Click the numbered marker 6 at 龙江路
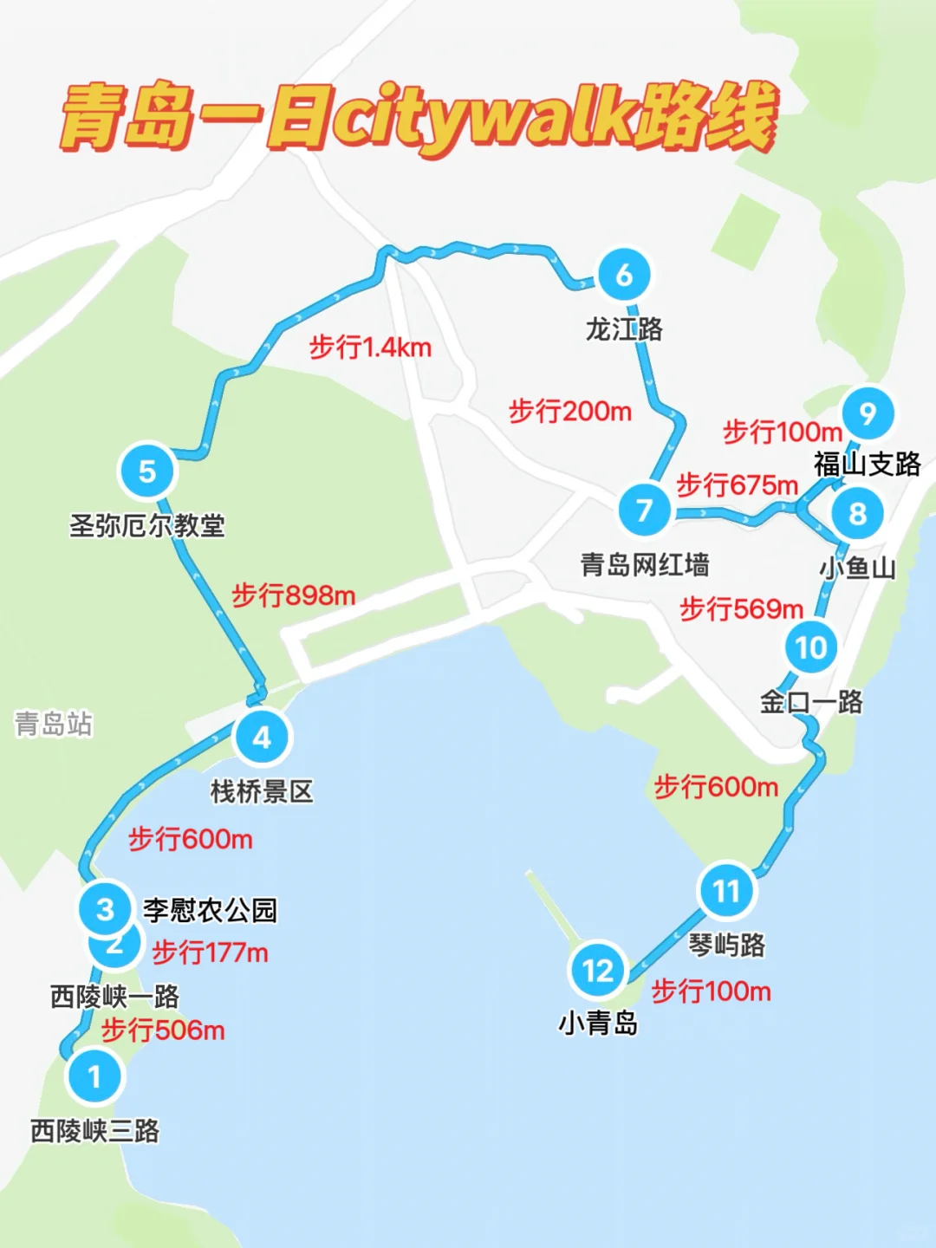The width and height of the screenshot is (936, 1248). point(624,275)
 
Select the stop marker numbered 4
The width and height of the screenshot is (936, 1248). point(262,738)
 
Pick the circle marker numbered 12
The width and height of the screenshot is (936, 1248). point(598,971)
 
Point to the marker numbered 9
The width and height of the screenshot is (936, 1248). point(868,413)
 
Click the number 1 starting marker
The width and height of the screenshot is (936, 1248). point(94,1076)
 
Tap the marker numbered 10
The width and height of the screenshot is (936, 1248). point(811,647)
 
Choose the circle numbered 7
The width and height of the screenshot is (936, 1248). point(644,510)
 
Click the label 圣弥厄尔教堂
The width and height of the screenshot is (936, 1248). point(147,525)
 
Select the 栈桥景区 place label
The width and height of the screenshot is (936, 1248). point(262,791)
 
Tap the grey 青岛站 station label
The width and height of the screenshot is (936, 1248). point(54,724)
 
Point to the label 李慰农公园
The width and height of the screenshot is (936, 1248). point(210,910)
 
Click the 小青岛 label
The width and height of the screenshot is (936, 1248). point(598,1024)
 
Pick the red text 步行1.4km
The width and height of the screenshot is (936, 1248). point(370,348)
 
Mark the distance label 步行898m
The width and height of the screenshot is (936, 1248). point(293,595)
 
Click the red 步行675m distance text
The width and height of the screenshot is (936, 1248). point(737,484)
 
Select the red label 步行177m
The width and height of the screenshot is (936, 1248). point(210,952)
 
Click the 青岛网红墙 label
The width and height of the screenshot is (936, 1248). point(645,565)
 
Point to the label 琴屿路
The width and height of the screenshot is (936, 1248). point(726,945)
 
